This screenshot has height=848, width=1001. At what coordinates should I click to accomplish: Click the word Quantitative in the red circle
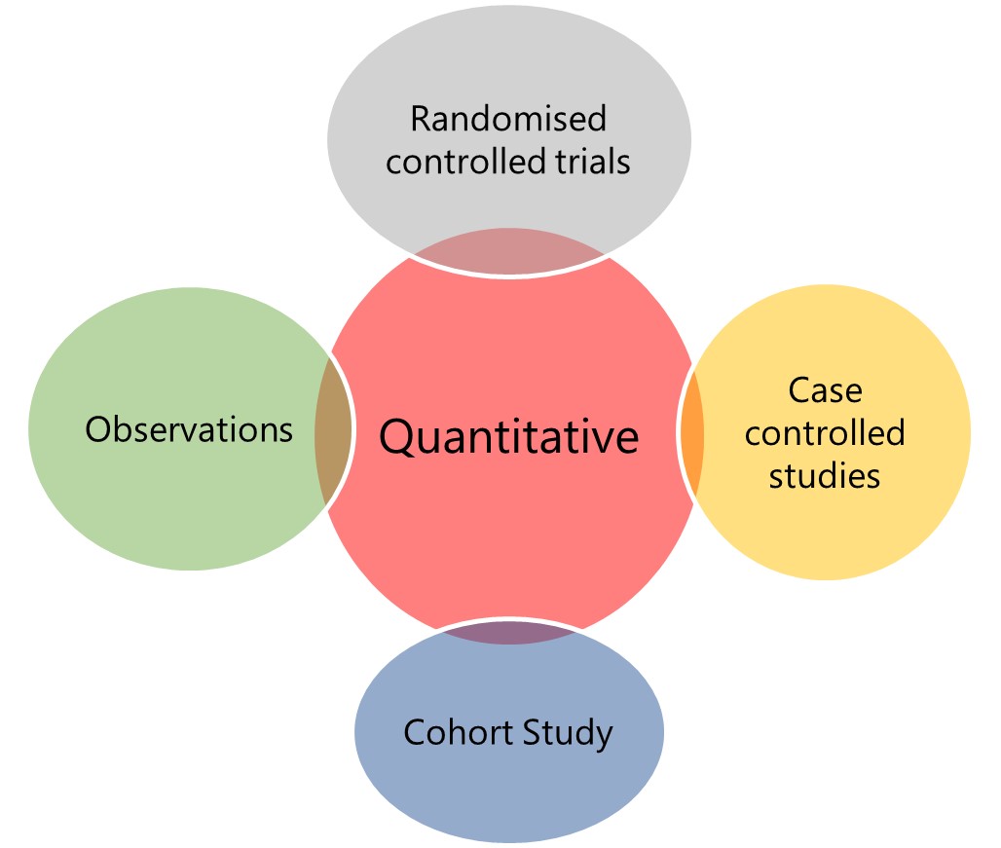point(508,437)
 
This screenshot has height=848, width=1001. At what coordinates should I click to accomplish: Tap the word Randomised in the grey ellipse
point(508,119)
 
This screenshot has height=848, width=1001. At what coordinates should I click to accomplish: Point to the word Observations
point(189,429)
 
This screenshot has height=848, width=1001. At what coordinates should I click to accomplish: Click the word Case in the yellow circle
point(825,390)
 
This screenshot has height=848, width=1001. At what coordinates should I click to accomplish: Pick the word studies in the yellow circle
point(825,475)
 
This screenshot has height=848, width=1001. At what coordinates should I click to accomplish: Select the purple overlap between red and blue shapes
point(507,633)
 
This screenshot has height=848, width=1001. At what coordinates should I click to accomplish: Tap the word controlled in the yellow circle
point(825,432)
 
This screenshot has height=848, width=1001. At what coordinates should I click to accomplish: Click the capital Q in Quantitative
point(396,438)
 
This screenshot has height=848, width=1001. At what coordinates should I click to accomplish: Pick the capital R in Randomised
point(421,119)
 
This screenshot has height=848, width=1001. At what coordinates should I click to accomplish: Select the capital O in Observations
point(97,429)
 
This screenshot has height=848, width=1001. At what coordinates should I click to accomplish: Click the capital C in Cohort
point(414,732)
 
